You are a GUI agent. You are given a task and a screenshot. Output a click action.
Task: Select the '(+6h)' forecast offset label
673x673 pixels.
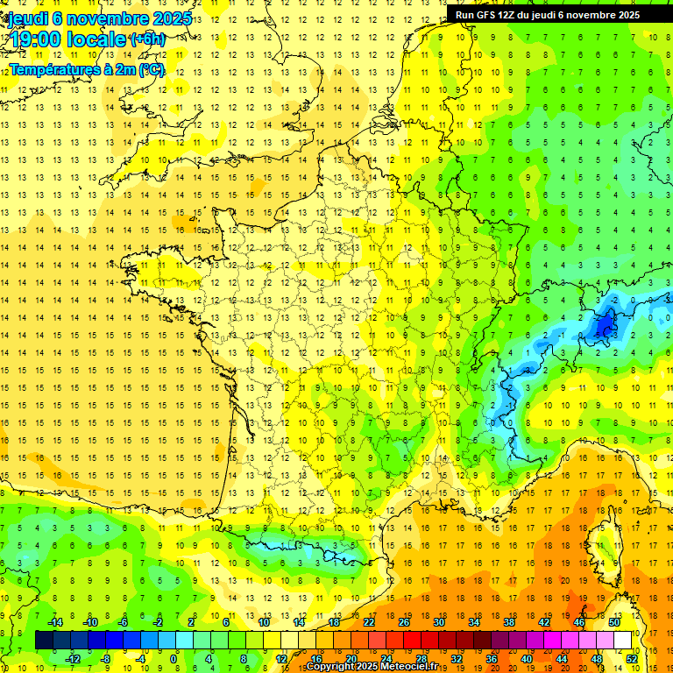[146, 39]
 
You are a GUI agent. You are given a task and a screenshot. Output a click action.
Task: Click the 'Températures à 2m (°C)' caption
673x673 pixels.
[87, 69]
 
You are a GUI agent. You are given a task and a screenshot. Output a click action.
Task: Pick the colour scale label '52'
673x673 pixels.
[632, 659]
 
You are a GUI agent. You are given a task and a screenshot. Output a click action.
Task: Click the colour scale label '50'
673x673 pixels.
[613, 622]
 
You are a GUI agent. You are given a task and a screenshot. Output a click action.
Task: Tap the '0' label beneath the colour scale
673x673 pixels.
[174, 659]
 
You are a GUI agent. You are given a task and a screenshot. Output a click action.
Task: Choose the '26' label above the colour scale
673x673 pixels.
[403, 622]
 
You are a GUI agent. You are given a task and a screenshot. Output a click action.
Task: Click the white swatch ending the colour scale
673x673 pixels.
[623, 641]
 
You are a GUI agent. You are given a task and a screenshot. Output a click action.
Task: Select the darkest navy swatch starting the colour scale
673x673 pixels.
[44, 641]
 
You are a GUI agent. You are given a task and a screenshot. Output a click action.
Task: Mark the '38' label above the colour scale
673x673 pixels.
[508, 622]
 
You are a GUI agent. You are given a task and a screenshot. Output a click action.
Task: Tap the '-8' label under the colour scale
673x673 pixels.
[106, 659]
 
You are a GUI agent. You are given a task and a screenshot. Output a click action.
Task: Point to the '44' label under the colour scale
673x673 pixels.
[562, 659]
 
